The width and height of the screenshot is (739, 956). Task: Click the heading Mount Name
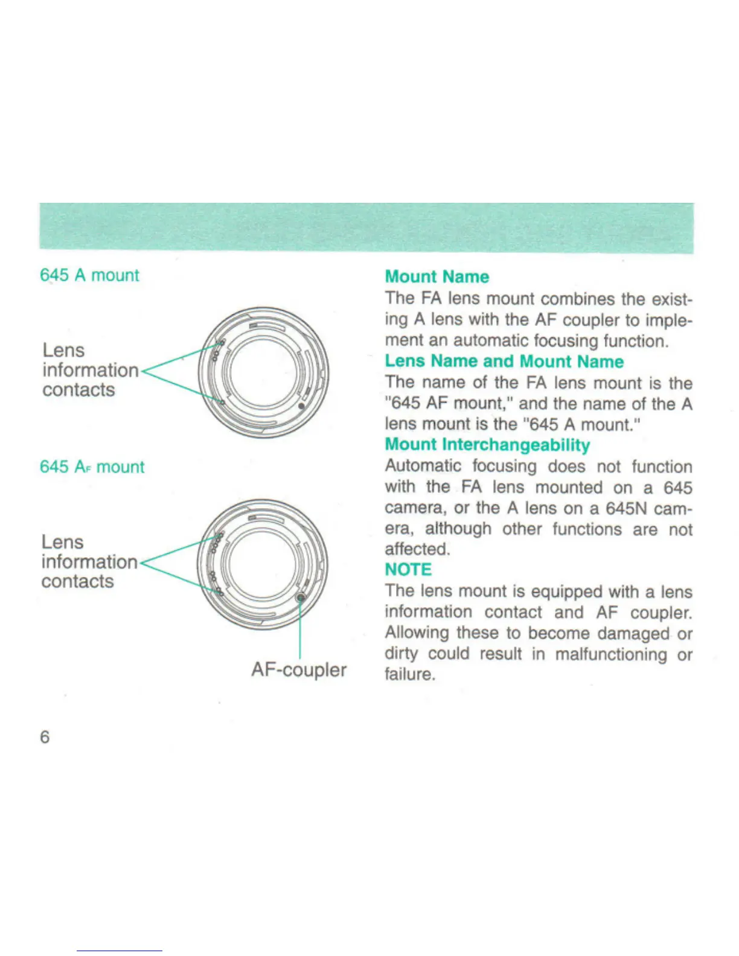click(437, 277)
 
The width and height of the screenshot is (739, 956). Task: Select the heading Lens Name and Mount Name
click(504, 362)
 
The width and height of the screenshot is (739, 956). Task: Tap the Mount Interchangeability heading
click(487, 445)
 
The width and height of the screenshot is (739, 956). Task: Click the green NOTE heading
click(408, 570)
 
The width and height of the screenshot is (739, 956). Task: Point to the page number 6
click(45, 737)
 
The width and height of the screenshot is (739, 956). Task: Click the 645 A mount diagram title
click(89, 275)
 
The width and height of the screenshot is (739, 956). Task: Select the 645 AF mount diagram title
click(92, 467)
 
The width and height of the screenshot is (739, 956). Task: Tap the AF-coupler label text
click(299, 670)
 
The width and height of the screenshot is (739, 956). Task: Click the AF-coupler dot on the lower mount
click(300, 597)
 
